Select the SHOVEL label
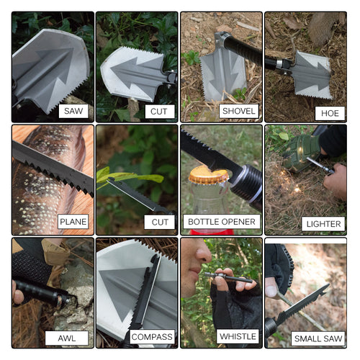pyautogui.click(x=238, y=111)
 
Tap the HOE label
pyautogui.click(x=330, y=112)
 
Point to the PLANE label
pyautogui.click(x=73, y=222)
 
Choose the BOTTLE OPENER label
pyautogui.click(x=222, y=222)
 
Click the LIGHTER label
pyautogui.click(x=323, y=223)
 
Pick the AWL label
pyautogui.click(x=66, y=337)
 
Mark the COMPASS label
pyautogui.click(x=151, y=337)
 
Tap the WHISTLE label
pyautogui.click(x=237, y=336)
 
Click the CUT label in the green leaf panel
pyautogui.click(x=158, y=222)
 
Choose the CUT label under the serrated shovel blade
pyautogui.click(x=158, y=111)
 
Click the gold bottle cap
pyautogui.click(x=208, y=175)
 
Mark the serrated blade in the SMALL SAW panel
pyautogui.click(x=302, y=305)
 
